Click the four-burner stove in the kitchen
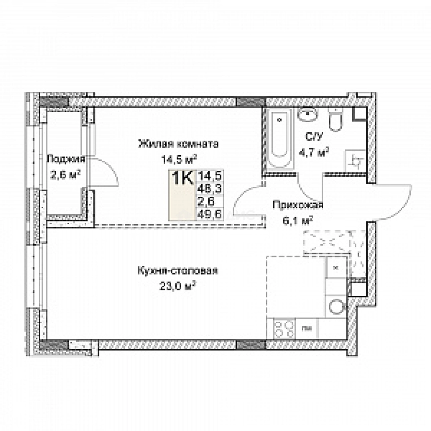[281, 329]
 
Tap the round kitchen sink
[337, 306]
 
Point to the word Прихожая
[298, 206]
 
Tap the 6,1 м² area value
[298, 220]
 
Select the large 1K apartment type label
[182, 178]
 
